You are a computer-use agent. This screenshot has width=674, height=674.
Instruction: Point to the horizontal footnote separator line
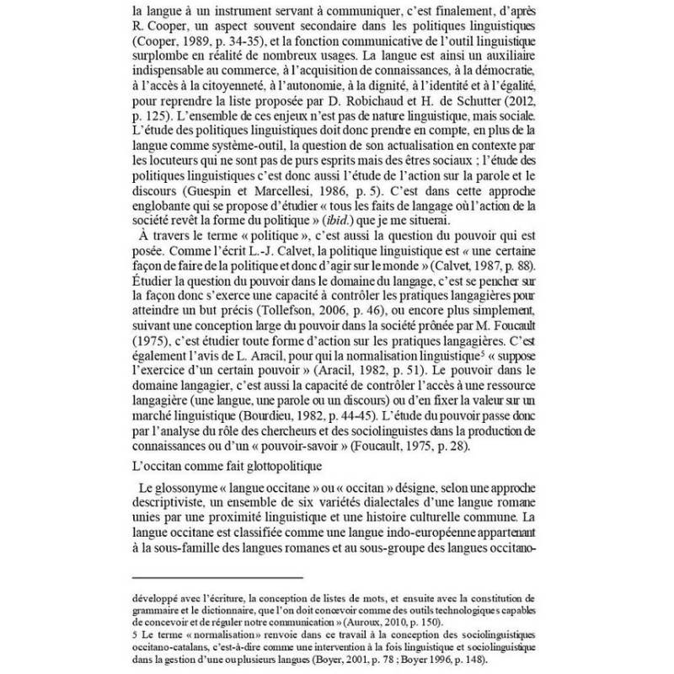coord(217,577)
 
